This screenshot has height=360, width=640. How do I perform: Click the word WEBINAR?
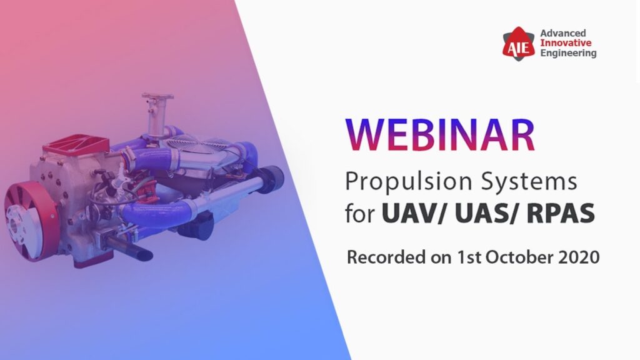(x=441, y=136)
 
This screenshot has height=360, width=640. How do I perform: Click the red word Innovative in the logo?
(x=562, y=42)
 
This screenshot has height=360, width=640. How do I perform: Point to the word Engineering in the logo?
(x=567, y=53)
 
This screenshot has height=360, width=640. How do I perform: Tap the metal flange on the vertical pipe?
(x=157, y=97)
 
